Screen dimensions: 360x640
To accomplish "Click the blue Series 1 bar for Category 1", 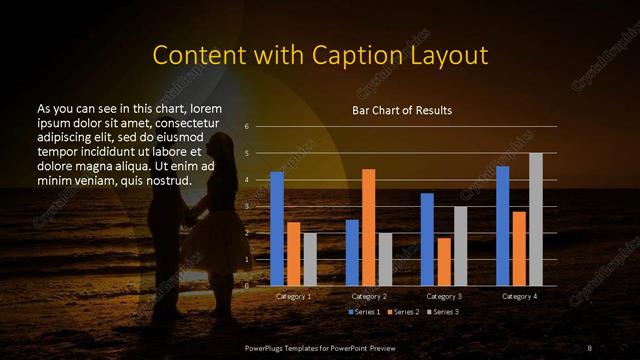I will [x=277, y=229].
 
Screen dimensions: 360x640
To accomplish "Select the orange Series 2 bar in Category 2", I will [x=368, y=227].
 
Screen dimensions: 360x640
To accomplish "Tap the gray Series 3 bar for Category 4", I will [x=535, y=219].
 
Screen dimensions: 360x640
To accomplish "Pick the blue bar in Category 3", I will [x=427, y=239].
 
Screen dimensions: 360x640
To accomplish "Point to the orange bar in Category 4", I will [x=518, y=248].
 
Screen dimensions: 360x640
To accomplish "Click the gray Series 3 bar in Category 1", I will [x=310, y=259].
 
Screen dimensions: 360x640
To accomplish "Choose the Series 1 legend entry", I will [x=362, y=312].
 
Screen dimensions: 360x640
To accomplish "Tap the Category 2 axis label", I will [x=369, y=297].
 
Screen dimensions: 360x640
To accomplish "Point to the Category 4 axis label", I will [x=519, y=297].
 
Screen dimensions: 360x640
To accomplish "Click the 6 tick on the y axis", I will [x=246, y=127].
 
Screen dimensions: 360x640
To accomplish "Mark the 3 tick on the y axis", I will [x=246, y=206].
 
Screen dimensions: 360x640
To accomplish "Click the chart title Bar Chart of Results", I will [x=402, y=110].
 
